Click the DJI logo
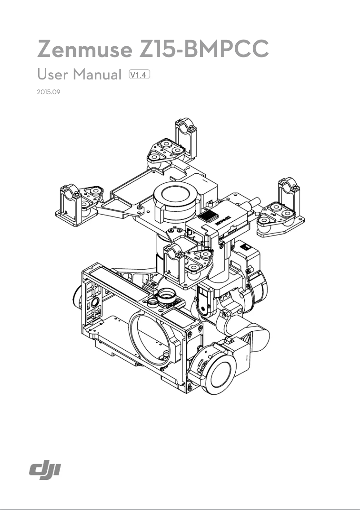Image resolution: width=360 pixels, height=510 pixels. tap(45, 470)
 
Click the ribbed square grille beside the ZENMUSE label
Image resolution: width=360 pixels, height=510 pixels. tap(208, 216)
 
